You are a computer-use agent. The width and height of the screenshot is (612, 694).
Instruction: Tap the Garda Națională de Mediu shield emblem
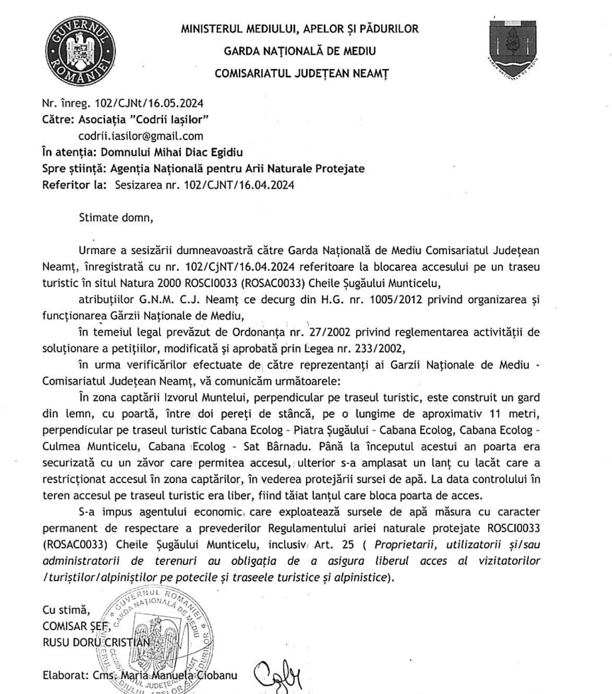[x=518, y=47]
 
